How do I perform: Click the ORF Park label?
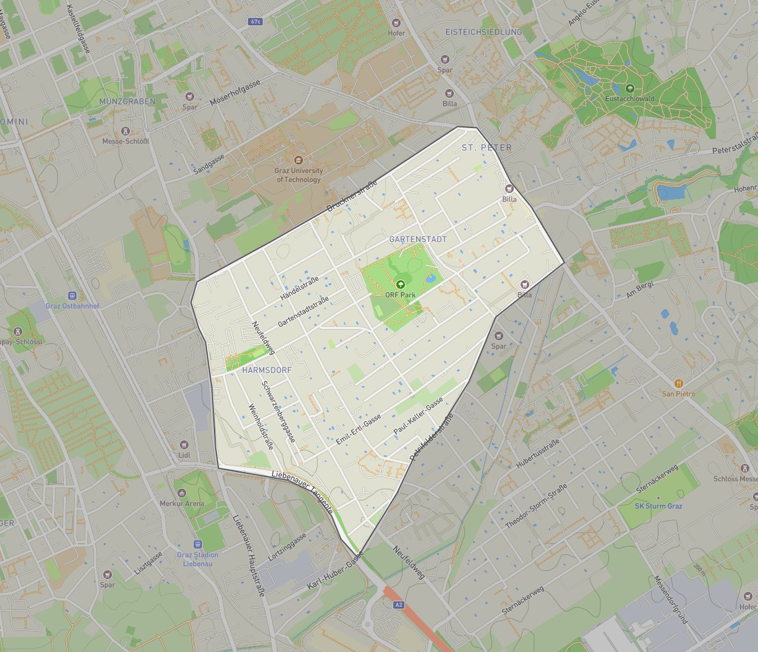400,295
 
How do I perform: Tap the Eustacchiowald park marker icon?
630,88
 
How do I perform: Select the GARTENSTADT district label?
417,239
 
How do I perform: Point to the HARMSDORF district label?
267,370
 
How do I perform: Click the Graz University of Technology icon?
299,160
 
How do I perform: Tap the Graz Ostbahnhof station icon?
72,296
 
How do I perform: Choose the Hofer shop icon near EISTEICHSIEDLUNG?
396,23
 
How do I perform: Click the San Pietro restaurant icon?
679,384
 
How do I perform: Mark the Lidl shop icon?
184,445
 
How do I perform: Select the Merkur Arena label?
182,504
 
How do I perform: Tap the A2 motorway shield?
398,605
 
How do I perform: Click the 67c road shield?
255,22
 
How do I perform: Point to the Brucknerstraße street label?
352,195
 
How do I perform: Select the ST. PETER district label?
487,147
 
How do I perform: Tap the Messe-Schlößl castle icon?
126,131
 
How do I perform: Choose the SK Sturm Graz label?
658,506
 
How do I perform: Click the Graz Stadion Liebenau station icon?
198,544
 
